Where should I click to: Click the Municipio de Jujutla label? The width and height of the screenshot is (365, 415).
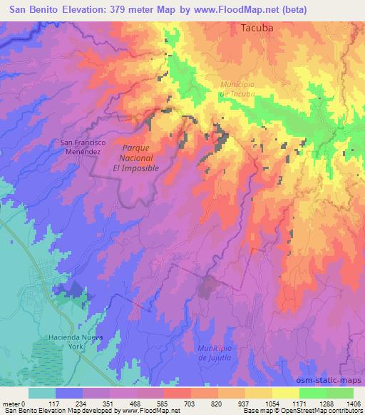pyautogui.click(x=216, y=351)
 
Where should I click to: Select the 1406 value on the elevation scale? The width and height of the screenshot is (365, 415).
pyautogui.click(x=354, y=403)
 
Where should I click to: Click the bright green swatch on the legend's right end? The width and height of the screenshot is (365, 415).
pyautogui.click(x=340, y=393)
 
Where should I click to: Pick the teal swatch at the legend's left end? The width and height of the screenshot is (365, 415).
pyautogui.click(x=42, y=393)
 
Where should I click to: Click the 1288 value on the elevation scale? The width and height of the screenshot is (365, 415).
pyautogui.click(x=327, y=403)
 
